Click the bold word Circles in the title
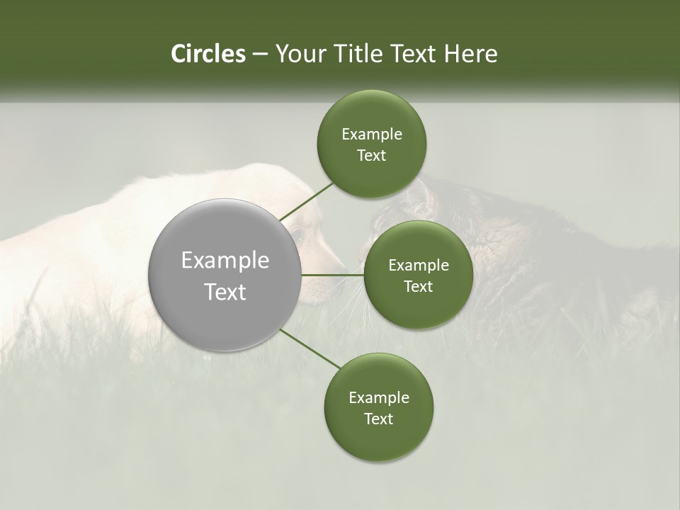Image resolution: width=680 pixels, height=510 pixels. pos(208,53)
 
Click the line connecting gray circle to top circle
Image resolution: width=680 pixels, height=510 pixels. pos(307,200)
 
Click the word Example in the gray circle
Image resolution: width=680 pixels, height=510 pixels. pos(225,261)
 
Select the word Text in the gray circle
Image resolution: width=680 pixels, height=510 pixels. pos(225,292)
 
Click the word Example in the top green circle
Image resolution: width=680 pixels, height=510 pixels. pos(372,134)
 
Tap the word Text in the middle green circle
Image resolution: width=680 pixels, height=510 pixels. pos(418,286)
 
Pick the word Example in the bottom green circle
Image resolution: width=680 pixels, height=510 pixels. pos(379,397)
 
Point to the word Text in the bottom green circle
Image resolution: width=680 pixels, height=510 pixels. pos(379,419)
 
